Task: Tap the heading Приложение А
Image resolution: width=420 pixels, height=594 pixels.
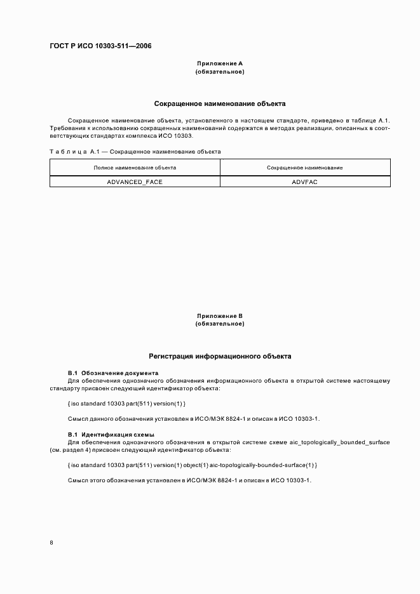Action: [x=219, y=63]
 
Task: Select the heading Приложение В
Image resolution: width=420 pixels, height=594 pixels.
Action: [x=219, y=315]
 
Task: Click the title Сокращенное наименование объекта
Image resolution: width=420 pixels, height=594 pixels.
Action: [x=220, y=103]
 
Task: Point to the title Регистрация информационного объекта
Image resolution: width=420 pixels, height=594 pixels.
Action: [x=220, y=357]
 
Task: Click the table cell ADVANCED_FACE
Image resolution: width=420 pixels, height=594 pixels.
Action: [x=135, y=181]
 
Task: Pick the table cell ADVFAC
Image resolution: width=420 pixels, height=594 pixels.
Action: [x=305, y=181]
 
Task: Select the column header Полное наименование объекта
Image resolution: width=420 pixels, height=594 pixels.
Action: [x=135, y=168]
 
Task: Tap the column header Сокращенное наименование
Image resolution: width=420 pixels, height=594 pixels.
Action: [x=305, y=168]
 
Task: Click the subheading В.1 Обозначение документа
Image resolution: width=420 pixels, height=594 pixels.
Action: [x=112, y=373]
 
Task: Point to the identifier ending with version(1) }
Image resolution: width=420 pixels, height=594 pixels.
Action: [x=126, y=403]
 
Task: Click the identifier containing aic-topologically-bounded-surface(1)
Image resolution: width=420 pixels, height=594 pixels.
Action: [x=192, y=465]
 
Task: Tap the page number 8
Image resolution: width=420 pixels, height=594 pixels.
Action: [x=51, y=543]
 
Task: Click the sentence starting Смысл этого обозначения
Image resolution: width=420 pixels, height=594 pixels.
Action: [x=189, y=480]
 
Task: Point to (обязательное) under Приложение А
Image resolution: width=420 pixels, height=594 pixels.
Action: [x=219, y=72]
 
